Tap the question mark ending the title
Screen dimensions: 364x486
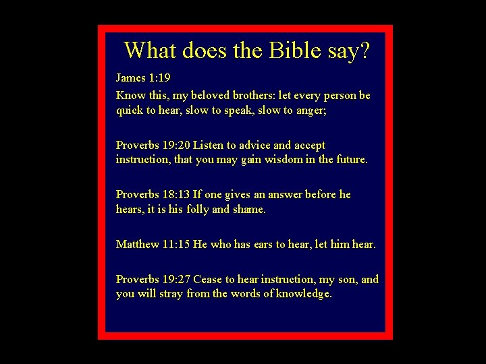(364, 50)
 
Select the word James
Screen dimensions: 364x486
(131, 78)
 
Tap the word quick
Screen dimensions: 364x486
(130, 111)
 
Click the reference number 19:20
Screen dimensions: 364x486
(177, 145)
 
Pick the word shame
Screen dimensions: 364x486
(249, 210)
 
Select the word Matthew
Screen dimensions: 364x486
(138, 244)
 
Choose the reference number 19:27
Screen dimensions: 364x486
(177, 279)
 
